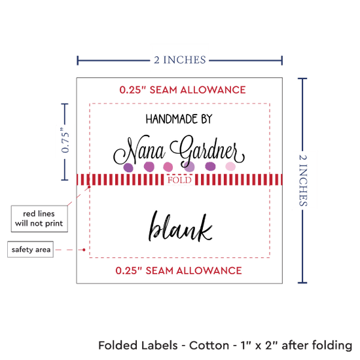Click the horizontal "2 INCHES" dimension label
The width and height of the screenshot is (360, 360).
(x=180, y=60)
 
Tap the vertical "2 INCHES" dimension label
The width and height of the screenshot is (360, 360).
(x=303, y=180)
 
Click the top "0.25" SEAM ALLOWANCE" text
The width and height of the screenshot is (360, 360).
(x=183, y=90)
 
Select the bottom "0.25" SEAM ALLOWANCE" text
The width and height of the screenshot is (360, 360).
(x=179, y=271)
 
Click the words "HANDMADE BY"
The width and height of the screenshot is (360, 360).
(x=179, y=119)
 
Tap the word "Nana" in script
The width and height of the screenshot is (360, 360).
(x=139, y=151)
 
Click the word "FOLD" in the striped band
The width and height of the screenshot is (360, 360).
(x=179, y=180)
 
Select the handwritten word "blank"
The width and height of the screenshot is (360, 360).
(x=180, y=226)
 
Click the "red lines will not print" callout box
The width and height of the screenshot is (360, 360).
(x=39, y=219)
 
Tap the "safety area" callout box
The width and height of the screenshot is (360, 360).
(x=31, y=249)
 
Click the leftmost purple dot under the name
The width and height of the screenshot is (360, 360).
(x=128, y=168)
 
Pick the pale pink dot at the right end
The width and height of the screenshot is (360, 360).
(x=230, y=167)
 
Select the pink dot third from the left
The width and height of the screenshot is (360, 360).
(x=168, y=167)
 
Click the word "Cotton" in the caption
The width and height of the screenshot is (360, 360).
(x=209, y=346)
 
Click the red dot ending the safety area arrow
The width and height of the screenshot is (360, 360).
(x=84, y=250)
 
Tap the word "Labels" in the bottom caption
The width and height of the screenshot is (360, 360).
(x=158, y=346)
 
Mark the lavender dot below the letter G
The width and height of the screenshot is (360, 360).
(x=189, y=167)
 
